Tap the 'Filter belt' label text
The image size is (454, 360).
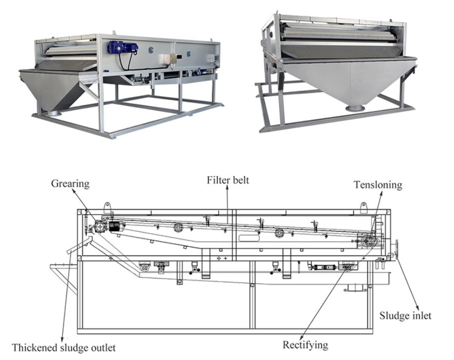pos(228,180)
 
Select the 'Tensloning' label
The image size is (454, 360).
pos(378,185)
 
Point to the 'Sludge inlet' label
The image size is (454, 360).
pos(405,315)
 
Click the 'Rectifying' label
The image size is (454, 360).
pos(305,345)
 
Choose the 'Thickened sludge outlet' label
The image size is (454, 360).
pos(64,348)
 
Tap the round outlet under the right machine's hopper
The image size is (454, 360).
pos(355,108)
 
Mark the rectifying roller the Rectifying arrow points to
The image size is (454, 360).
pos(347,266)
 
